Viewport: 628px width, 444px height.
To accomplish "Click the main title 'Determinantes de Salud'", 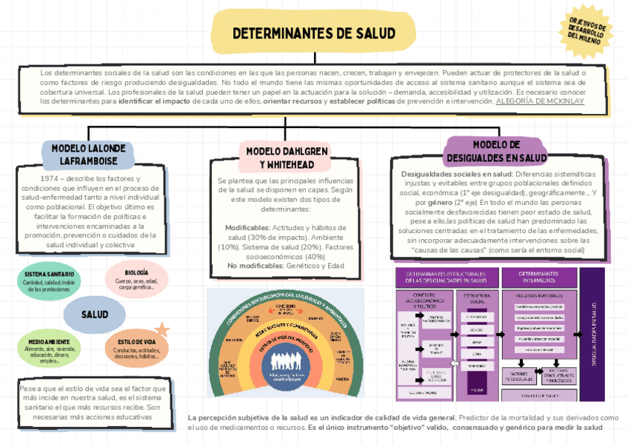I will (x=314, y=34).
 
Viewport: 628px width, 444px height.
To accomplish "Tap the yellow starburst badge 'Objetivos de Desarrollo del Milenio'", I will (x=589, y=31).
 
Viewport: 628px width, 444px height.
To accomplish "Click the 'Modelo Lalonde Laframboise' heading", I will (x=93, y=153).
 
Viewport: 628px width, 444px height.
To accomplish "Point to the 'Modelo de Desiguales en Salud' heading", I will (x=496, y=151).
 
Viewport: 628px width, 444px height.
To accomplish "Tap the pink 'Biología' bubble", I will (x=136, y=277).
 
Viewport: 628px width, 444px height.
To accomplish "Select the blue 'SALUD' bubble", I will (x=94, y=314).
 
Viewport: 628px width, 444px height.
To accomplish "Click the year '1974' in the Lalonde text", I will (x=33, y=179).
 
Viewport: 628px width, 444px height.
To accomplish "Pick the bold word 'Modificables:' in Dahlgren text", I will (x=247, y=228).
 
